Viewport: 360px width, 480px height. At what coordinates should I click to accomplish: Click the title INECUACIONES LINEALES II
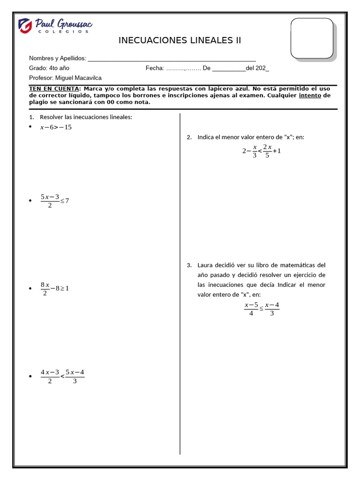click(x=180, y=40)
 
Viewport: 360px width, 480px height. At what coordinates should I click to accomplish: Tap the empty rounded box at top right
click(x=312, y=38)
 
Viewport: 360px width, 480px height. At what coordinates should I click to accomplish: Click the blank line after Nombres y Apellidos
click(x=172, y=59)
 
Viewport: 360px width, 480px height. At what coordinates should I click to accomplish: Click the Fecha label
click(x=154, y=68)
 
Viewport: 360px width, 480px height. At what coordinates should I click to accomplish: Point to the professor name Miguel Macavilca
click(x=78, y=78)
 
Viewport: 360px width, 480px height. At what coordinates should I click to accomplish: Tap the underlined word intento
click(x=310, y=95)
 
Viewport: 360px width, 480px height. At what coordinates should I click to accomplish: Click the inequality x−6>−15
click(x=56, y=127)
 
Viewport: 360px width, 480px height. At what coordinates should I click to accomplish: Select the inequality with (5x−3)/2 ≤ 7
click(x=54, y=201)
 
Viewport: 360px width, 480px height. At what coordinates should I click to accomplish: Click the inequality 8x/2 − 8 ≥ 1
click(x=54, y=288)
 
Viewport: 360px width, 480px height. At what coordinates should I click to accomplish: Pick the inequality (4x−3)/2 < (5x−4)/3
click(x=62, y=376)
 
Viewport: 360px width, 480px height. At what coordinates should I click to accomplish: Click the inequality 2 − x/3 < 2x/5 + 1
click(x=261, y=151)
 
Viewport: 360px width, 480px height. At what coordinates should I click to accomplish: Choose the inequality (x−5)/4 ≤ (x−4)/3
click(x=262, y=309)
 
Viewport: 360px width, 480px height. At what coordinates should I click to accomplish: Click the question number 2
click(x=189, y=137)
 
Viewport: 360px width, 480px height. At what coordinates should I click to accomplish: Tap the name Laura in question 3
click(x=205, y=265)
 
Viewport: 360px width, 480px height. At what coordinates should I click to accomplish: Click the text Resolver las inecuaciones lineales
click(x=86, y=117)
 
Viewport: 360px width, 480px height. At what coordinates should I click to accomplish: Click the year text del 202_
click(x=257, y=68)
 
